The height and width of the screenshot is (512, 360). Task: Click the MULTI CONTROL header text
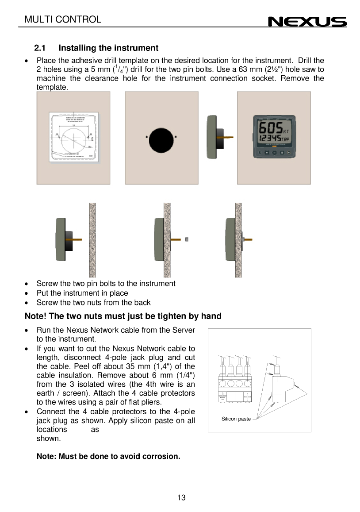63,19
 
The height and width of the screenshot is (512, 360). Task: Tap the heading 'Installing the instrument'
108,48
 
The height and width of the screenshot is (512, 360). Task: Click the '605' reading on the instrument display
269,130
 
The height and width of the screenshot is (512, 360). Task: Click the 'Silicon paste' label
236,419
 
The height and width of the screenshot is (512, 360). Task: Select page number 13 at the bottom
181,498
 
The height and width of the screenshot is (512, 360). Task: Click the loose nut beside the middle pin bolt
187,239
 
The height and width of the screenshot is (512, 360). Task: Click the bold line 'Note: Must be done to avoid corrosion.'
108,456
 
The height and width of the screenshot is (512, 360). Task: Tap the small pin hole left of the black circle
146,137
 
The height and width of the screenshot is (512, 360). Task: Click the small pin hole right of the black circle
176,137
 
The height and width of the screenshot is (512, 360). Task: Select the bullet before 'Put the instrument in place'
27,293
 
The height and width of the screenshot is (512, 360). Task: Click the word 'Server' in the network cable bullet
184,330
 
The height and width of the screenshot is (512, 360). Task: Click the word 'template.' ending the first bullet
52,88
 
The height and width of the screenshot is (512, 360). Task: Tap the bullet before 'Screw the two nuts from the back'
27,303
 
